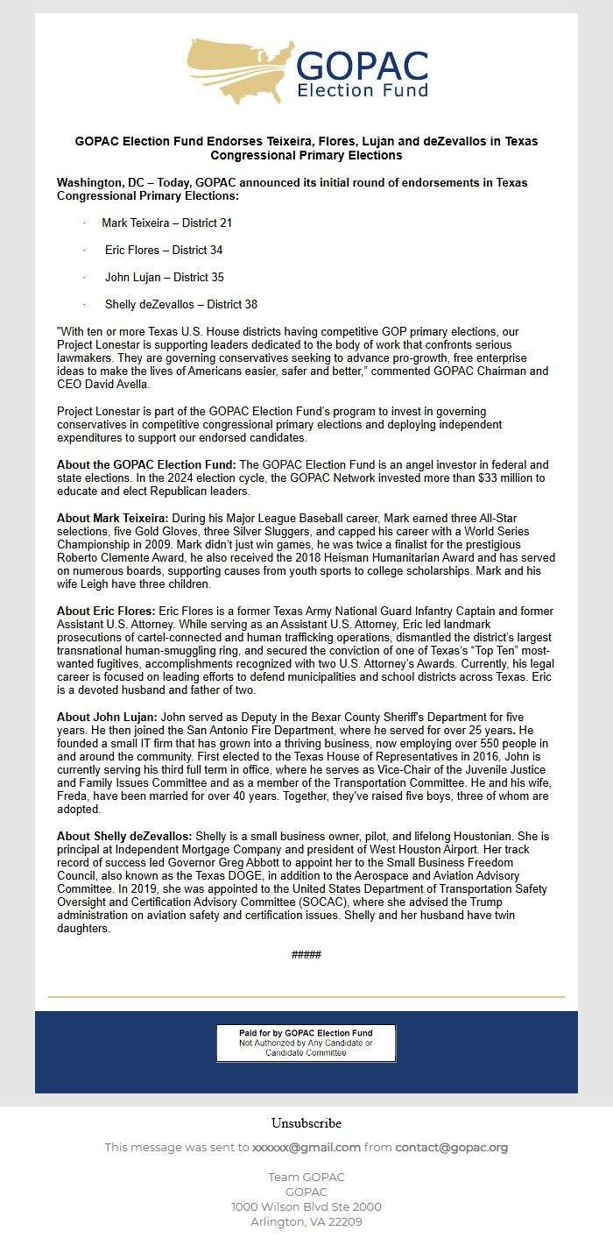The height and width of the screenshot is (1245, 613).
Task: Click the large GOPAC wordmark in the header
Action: pyautogui.click(x=363, y=66)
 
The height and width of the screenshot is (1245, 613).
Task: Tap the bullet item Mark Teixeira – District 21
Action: pyautogui.click(x=166, y=223)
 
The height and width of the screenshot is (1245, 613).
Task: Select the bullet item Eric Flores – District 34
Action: pyautogui.click(x=164, y=251)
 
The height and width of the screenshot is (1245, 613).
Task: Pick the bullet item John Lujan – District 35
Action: pyautogui.click(x=165, y=278)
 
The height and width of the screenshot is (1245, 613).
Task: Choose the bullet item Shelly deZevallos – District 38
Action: pyautogui.click(x=181, y=305)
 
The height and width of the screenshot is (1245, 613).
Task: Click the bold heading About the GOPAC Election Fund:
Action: pyautogui.click(x=146, y=464)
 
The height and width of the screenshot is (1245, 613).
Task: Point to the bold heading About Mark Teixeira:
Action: pyautogui.click(x=113, y=519)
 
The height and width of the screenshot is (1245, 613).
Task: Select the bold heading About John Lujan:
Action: pyautogui.click(x=106, y=717)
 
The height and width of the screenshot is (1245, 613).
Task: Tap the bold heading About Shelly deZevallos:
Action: pyautogui.click(x=124, y=837)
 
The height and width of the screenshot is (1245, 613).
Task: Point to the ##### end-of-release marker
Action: pyautogui.click(x=306, y=954)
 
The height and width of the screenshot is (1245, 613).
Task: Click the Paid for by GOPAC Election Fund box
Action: pyautogui.click(x=306, y=1043)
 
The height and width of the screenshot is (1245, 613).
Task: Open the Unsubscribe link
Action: pyautogui.click(x=306, y=1123)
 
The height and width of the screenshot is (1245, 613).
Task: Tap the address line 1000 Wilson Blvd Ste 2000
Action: pyautogui.click(x=306, y=1206)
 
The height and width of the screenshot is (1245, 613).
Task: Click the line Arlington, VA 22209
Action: pyautogui.click(x=306, y=1221)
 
